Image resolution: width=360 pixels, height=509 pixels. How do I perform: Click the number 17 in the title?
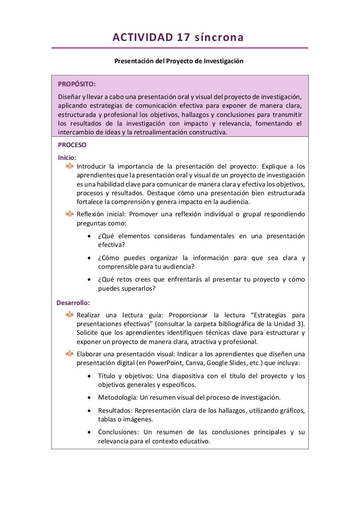click(183, 37)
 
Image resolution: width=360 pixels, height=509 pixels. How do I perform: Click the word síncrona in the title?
click(219, 37)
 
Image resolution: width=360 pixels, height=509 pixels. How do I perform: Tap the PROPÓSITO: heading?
click(77, 84)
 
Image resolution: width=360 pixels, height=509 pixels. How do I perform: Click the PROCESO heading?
click(72, 145)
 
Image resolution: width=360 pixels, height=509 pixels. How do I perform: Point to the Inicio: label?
click(67, 157)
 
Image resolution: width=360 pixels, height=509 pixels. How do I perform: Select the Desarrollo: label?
click(73, 303)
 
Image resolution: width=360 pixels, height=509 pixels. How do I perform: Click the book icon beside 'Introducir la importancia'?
click(70, 166)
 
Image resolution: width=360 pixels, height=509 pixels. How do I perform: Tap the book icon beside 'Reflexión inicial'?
click(70, 214)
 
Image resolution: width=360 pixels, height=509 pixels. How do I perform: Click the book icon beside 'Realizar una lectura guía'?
click(70, 315)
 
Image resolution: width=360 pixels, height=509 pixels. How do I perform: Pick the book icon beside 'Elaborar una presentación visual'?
click(70, 354)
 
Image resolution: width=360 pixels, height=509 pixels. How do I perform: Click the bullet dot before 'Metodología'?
click(89, 398)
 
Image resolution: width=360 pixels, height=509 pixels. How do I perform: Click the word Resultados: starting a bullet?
click(115, 410)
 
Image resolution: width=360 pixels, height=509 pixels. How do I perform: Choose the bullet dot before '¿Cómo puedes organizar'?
click(89, 258)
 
